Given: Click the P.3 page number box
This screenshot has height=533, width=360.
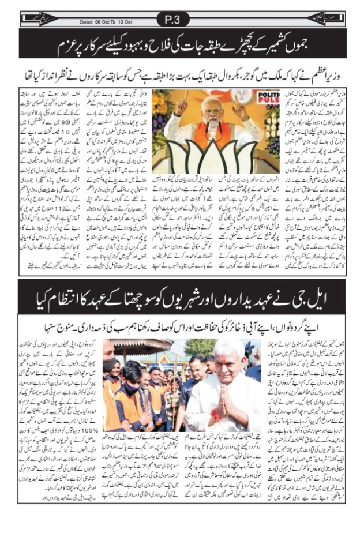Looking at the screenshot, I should (x=172, y=20).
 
